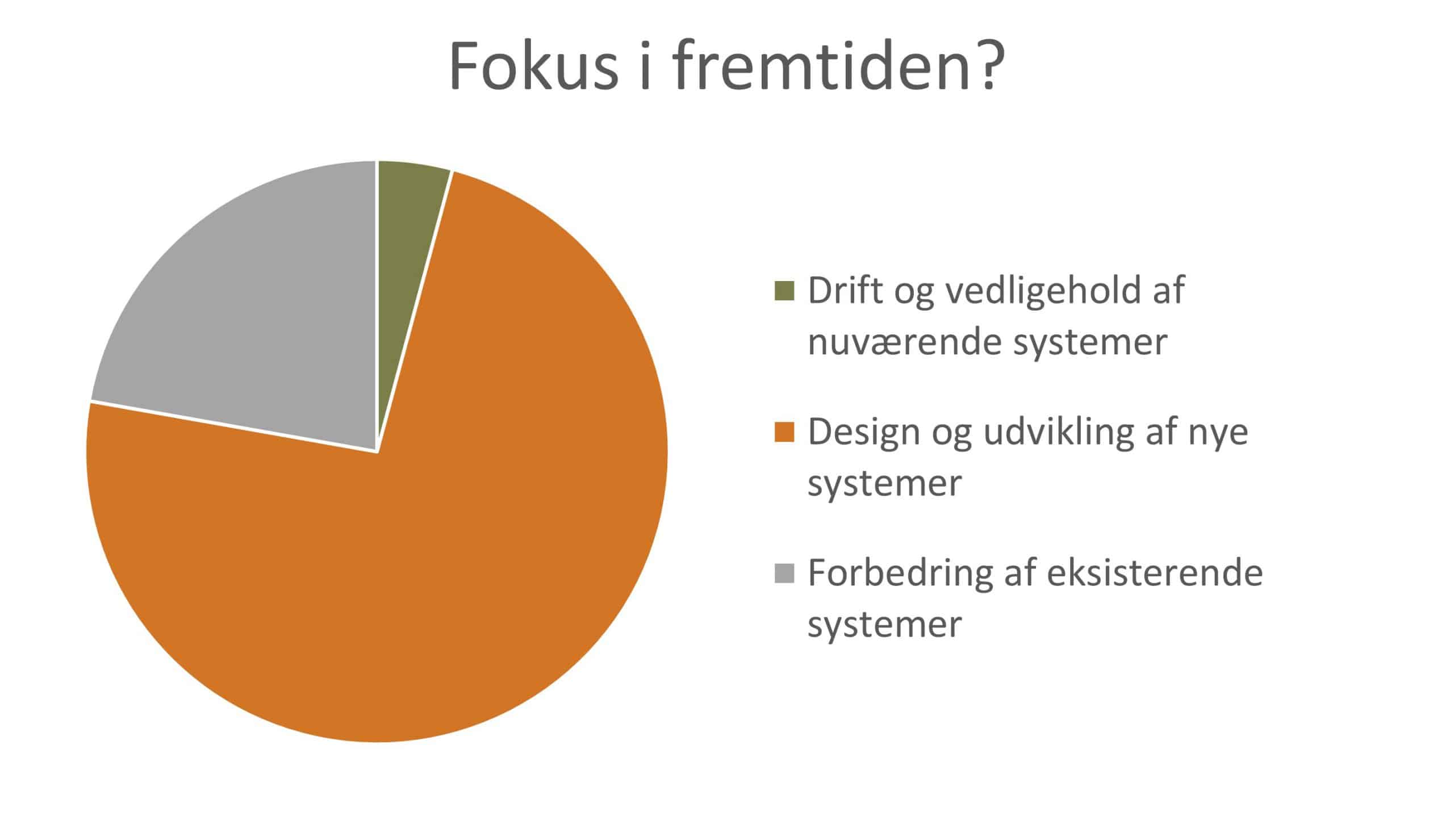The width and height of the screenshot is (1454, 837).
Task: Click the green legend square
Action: pos(784,291)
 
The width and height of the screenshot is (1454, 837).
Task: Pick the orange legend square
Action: pos(784,432)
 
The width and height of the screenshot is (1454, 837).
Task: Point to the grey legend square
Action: pos(784,573)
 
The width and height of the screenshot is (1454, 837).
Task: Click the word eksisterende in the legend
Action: pos(1155,573)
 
